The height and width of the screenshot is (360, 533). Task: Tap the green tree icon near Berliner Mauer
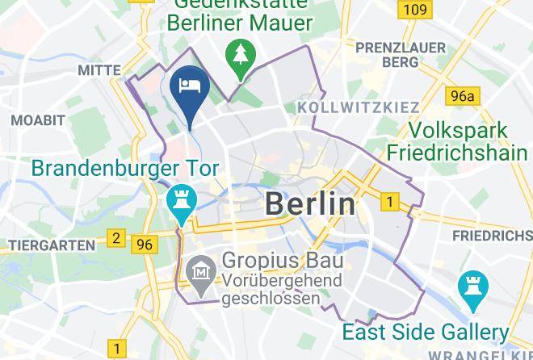click(x=241, y=55)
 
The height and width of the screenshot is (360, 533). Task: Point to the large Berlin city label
click(x=310, y=203)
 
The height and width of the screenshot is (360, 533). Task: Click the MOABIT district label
click(x=37, y=119)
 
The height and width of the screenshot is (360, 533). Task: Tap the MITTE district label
click(x=99, y=71)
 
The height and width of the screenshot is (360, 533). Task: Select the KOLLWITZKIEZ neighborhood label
click(x=359, y=107)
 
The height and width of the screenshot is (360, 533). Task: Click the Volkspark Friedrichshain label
click(x=458, y=141)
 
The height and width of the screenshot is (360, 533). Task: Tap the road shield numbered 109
click(x=413, y=10)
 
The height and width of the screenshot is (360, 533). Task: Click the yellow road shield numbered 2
click(x=116, y=238)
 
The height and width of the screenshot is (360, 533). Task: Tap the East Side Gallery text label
click(x=425, y=332)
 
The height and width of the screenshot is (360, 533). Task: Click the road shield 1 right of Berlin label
click(x=391, y=202)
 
